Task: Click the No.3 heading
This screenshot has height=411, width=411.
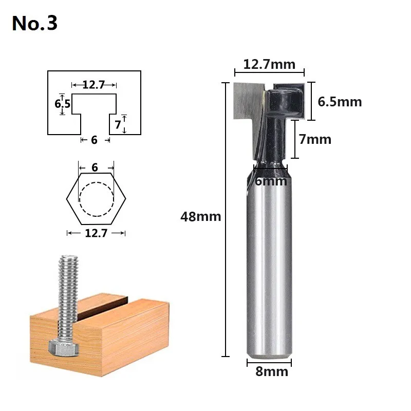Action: coord(34,23)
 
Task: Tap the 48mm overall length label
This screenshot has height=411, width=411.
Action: coord(200,217)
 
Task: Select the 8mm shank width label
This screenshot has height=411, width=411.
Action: coord(272,371)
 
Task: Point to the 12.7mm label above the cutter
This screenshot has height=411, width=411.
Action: coord(269,65)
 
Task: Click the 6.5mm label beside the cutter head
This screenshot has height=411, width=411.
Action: coord(340,102)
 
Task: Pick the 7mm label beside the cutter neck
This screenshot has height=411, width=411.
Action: coord(315,139)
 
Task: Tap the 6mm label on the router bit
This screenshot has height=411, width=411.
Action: coord(271,181)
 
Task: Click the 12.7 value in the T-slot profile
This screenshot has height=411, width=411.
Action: coord(94,85)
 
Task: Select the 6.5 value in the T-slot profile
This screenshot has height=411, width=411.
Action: coord(62,104)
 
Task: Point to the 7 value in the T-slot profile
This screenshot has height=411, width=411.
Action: coord(118,125)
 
